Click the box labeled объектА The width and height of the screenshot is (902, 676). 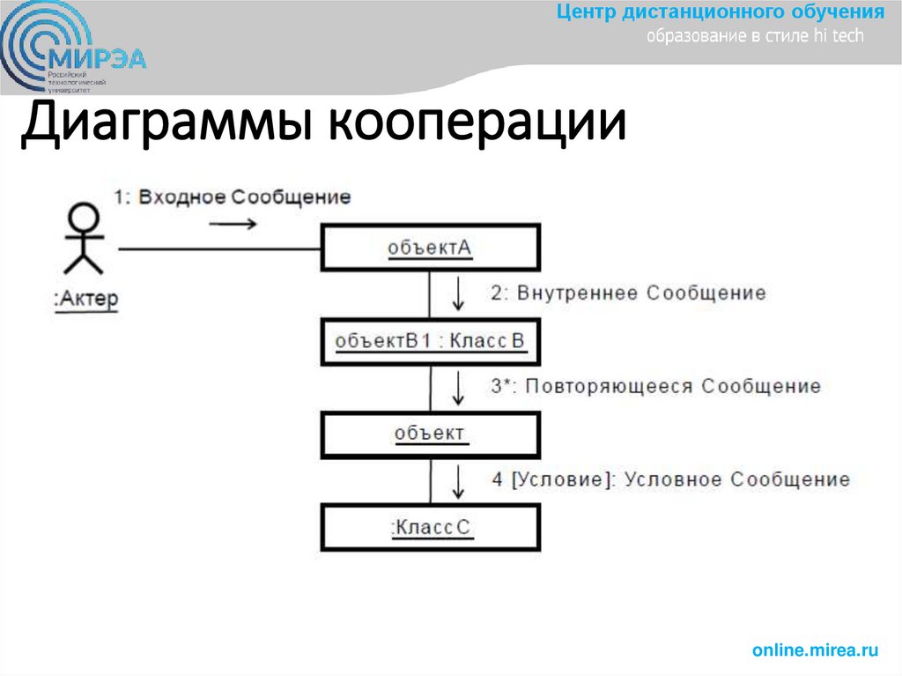tap(430, 248)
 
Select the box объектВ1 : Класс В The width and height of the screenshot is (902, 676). tap(430, 341)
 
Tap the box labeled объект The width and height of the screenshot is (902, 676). tap(430, 434)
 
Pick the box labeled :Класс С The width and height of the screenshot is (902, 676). tap(430, 527)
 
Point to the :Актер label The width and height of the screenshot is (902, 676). tap(85, 300)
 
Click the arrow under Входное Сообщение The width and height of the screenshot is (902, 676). tap(233, 224)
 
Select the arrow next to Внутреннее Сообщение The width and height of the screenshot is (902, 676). tap(458, 293)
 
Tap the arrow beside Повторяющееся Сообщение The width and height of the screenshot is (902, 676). tap(458, 386)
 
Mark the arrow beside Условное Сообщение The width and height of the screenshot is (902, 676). tap(458, 480)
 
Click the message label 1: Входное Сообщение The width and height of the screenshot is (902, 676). tap(232, 197)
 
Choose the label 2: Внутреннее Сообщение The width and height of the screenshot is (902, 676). tap(628, 293)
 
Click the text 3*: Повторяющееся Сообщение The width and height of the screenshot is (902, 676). tap(655, 386)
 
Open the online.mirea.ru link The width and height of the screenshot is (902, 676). tap(815, 650)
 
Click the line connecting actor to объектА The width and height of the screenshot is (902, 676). tap(220, 249)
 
